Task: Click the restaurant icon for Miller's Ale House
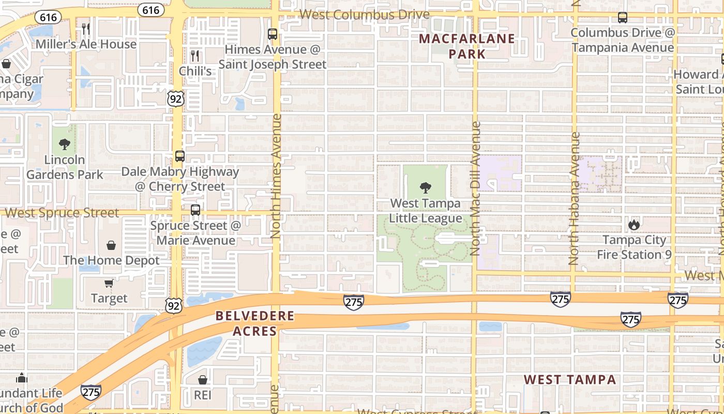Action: click(x=86, y=28)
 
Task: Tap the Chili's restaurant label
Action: click(x=195, y=70)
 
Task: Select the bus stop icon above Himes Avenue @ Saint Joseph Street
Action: click(x=273, y=34)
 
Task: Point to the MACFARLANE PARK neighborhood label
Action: click(x=466, y=46)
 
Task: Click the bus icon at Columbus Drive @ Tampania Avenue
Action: click(x=623, y=18)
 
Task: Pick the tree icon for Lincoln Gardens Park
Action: click(x=65, y=144)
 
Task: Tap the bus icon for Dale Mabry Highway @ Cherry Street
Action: click(x=180, y=156)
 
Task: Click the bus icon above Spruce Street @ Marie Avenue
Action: click(x=195, y=210)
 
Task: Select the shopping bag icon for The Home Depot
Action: click(x=111, y=245)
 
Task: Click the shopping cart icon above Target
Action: click(x=109, y=283)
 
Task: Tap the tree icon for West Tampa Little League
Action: click(x=425, y=188)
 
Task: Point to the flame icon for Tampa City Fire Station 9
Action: click(x=634, y=225)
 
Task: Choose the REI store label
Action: click(x=203, y=395)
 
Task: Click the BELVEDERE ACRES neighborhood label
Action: click(x=255, y=323)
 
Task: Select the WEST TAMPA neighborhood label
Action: click(x=570, y=380)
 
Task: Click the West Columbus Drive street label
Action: click(x=365, y=14)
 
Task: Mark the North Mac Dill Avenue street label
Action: click(x=476, y=188)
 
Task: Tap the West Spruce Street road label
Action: click(x=62, y=213)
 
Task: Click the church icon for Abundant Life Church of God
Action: click(x=22, y=378)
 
